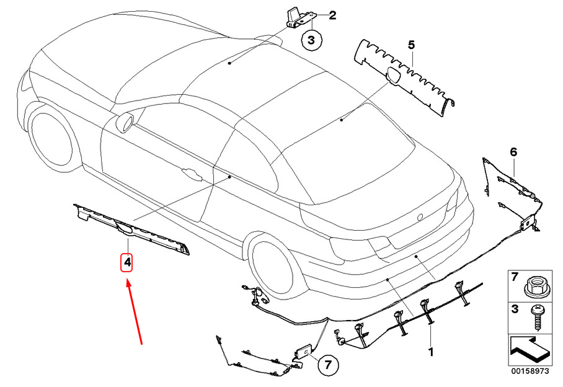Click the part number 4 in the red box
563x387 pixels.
tap(126, 263)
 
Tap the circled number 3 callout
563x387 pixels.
tap(312, 41)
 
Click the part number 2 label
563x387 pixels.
tap(332, 15)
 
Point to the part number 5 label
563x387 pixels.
tap(410, 45)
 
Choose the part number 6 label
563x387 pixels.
tap(513, 152)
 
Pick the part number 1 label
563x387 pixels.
tap(430, 352)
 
